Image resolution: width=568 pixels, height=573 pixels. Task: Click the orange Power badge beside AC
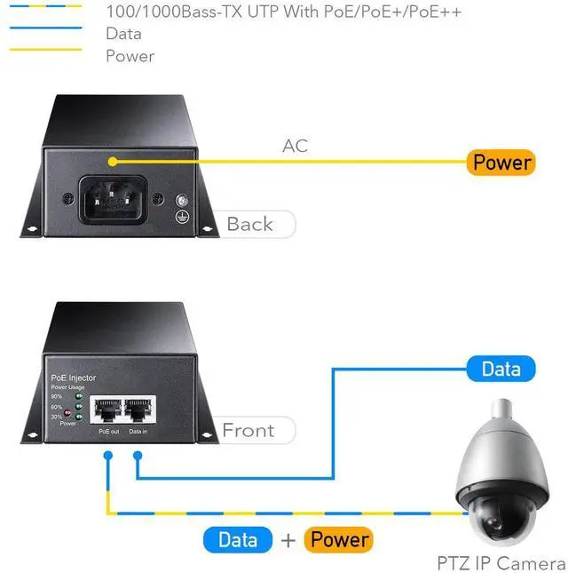501,162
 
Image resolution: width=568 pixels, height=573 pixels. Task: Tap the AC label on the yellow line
295,145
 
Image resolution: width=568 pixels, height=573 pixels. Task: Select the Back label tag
251,224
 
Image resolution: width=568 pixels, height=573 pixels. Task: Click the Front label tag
248,431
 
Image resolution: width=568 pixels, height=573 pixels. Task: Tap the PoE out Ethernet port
107,411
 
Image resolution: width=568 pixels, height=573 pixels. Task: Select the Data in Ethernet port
138,411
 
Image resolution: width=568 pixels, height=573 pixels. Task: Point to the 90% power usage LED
79,396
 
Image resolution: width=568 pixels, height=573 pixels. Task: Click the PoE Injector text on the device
73,378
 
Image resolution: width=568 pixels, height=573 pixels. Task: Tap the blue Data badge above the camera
501,369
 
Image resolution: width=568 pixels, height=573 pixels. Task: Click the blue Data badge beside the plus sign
238,539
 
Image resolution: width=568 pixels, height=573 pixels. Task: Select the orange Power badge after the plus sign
338,539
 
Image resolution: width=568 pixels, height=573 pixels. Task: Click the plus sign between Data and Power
288,540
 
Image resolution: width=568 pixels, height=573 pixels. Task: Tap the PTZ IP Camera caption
501,563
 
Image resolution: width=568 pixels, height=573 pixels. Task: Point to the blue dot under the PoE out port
107,455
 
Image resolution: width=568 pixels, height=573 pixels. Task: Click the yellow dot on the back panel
113,161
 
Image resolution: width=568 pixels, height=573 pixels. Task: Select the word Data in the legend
122,34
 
